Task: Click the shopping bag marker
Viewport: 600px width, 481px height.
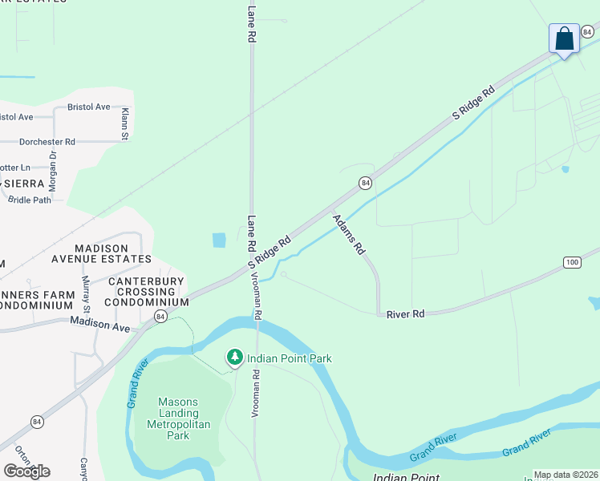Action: (565, 39)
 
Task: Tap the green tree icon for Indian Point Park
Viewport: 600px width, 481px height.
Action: (234, 358)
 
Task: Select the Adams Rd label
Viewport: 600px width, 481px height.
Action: (349, 234)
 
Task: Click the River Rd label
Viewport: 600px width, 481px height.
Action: (405, 314)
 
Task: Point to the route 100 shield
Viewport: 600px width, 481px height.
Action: (572, 262)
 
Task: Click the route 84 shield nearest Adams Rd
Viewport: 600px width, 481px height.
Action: (365, 183)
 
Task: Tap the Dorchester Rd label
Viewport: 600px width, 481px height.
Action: (47, 141)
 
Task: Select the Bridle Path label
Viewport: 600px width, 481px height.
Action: (30, 200)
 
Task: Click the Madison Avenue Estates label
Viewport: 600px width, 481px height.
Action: (112, 253)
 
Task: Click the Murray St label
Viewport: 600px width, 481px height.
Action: (86, 293)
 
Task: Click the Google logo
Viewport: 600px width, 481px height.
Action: (26, 471)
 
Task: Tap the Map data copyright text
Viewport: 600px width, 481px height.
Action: (566, 475)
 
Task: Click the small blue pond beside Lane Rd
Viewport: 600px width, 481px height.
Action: (219, 240)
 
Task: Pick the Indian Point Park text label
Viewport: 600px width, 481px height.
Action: (289, 358)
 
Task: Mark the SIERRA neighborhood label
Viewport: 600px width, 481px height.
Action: (24, 184)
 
